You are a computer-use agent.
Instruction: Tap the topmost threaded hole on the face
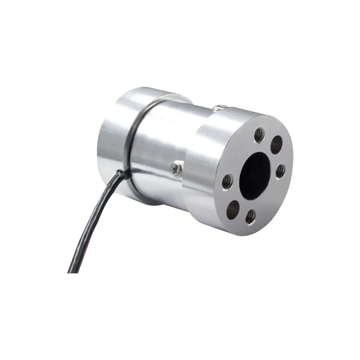tap(260, 135)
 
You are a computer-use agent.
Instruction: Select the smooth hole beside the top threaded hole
tap(276, 144)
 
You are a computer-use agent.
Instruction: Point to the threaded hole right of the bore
tap(280, 171)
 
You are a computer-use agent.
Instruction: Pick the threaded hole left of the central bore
tap(228, 181)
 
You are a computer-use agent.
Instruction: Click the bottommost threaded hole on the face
tap(251, 217)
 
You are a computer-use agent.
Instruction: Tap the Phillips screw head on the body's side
tap(176, 168)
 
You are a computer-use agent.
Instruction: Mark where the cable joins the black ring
tap(119, 172)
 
